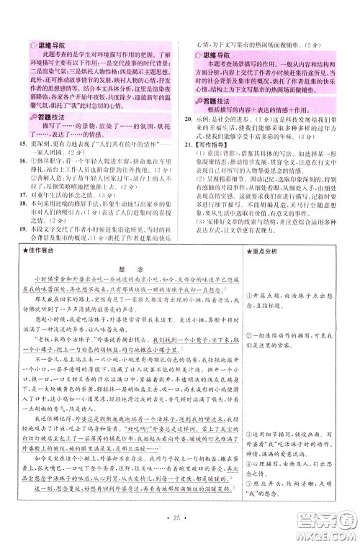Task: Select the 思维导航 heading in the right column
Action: (214, 54)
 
